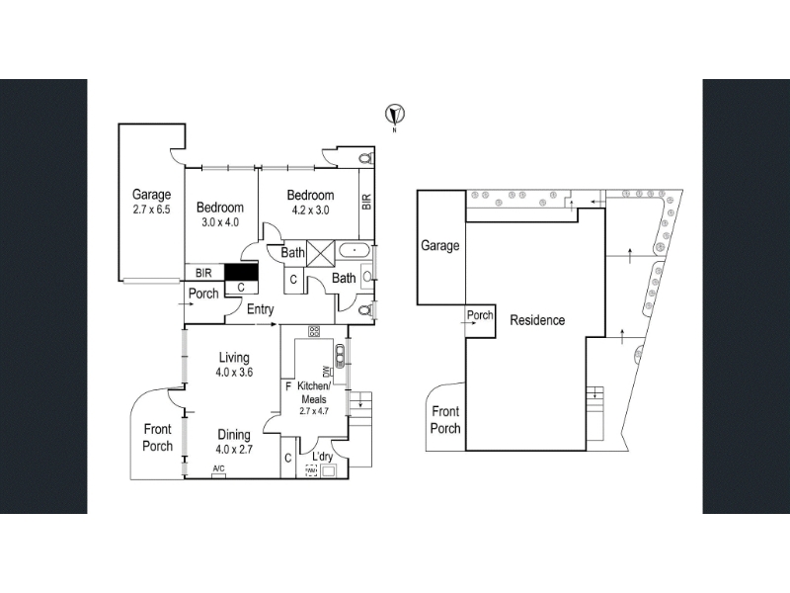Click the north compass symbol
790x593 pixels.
point(395,115)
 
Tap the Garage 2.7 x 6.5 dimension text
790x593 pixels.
point(152,210)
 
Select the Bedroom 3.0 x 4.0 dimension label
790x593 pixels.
point(220,221)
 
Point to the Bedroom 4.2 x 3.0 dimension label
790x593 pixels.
point(310,210)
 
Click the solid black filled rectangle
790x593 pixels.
point(241,272)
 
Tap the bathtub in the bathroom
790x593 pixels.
point(355,250)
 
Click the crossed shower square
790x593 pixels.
point(320,253)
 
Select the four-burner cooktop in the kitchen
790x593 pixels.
point(314,331)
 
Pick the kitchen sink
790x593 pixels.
point(340,356)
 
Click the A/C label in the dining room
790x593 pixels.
point(218,468)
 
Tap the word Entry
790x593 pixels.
point(260,309)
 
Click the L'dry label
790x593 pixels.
point(323,457)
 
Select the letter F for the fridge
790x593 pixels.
point(288,386)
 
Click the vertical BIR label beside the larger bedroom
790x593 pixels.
point(366,203)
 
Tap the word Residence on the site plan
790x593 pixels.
point(537,320)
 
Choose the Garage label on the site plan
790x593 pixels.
point(439,245)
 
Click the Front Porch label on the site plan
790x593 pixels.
point(445,419)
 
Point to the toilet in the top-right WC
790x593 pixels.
point(366,157)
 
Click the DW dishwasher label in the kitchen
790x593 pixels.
point(326,371)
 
